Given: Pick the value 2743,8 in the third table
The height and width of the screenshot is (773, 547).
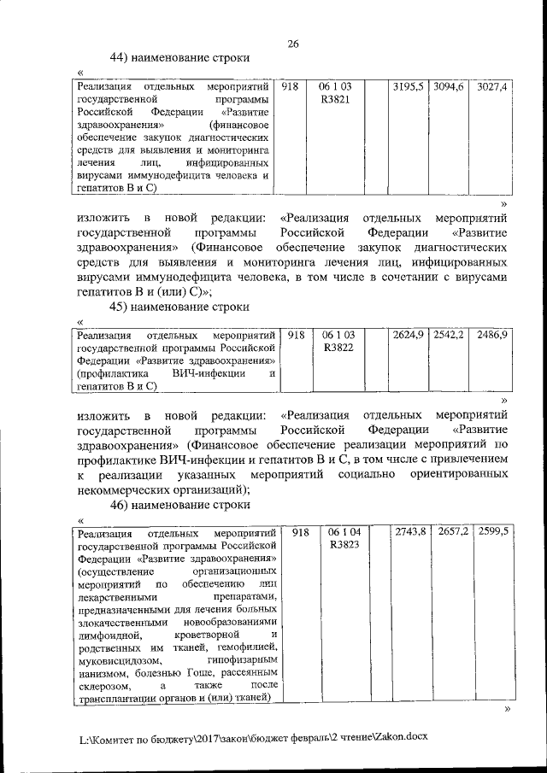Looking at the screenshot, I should tap(410, 532).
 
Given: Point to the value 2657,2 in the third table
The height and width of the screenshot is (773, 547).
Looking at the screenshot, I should tap(453, 532).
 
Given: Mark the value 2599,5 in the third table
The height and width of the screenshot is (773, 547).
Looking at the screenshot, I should tap(495, 532).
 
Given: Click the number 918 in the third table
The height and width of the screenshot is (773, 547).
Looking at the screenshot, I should tap(299, 532).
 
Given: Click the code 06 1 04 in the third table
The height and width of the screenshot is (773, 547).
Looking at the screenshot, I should tap(344, 532).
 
